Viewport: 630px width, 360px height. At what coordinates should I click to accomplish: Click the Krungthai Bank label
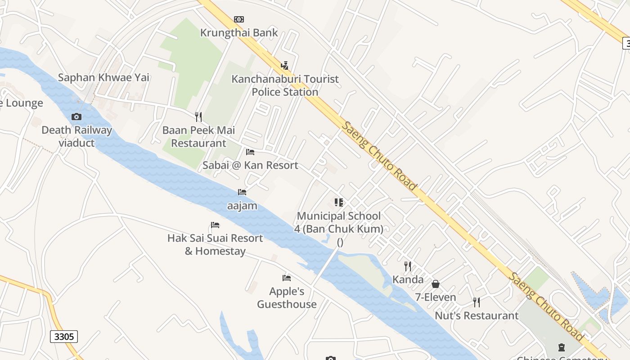pyautogui.click(x=239, y=33)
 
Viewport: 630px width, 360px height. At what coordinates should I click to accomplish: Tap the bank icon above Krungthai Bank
pyautogui.click(x=239, y=19)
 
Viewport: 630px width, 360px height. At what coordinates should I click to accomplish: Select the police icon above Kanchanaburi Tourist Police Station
pyautogui.click(x=284, y=66)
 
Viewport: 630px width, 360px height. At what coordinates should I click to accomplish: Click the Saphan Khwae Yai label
pyautogui.click(x=103, y=77)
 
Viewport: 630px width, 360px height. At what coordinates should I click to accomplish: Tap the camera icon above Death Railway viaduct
pyautogui.click(x=76, y=117)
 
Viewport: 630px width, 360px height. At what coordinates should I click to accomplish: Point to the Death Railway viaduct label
pyautogui.click(x=76, y=136)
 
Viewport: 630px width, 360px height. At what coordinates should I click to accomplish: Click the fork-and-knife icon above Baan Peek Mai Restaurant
pyautogui.click(x=198, y=117)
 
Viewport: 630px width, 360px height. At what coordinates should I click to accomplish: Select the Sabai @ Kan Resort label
pyautogui.click(x=250, y=165)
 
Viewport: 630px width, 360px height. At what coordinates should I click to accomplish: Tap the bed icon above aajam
pyautogui.click(x=242, y=192)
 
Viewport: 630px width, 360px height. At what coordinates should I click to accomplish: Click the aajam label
pyautogui.click(x=242, y=206)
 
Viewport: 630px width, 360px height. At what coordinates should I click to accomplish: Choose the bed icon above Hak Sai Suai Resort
pyautogui.click(x=215, y=225)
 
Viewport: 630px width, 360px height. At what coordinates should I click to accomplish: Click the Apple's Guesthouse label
pyautogui.click(x=287, y=297)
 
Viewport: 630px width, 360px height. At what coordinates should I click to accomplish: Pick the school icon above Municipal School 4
pyautogui.click(x=339, y=202)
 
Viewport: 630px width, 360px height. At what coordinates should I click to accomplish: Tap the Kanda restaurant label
pyautogui.click(x=408, y=279)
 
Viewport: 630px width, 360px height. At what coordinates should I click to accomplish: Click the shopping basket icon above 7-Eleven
pyautogui.click(x=435, y=284)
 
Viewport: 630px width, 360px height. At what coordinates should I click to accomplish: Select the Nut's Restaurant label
pyautogui.click(x=477, y=316)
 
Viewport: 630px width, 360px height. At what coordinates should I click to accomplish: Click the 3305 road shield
pyautogui.click(x=64, y=337)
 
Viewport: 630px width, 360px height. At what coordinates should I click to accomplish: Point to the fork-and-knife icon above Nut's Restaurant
pyautogui.click(x=477, y=302)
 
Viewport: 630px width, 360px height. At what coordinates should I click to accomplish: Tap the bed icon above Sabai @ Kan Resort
pyautogui.click(x=250, y=152)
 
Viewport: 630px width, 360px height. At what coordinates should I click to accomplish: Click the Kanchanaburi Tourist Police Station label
pyautogui.click(x=285, y=85)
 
